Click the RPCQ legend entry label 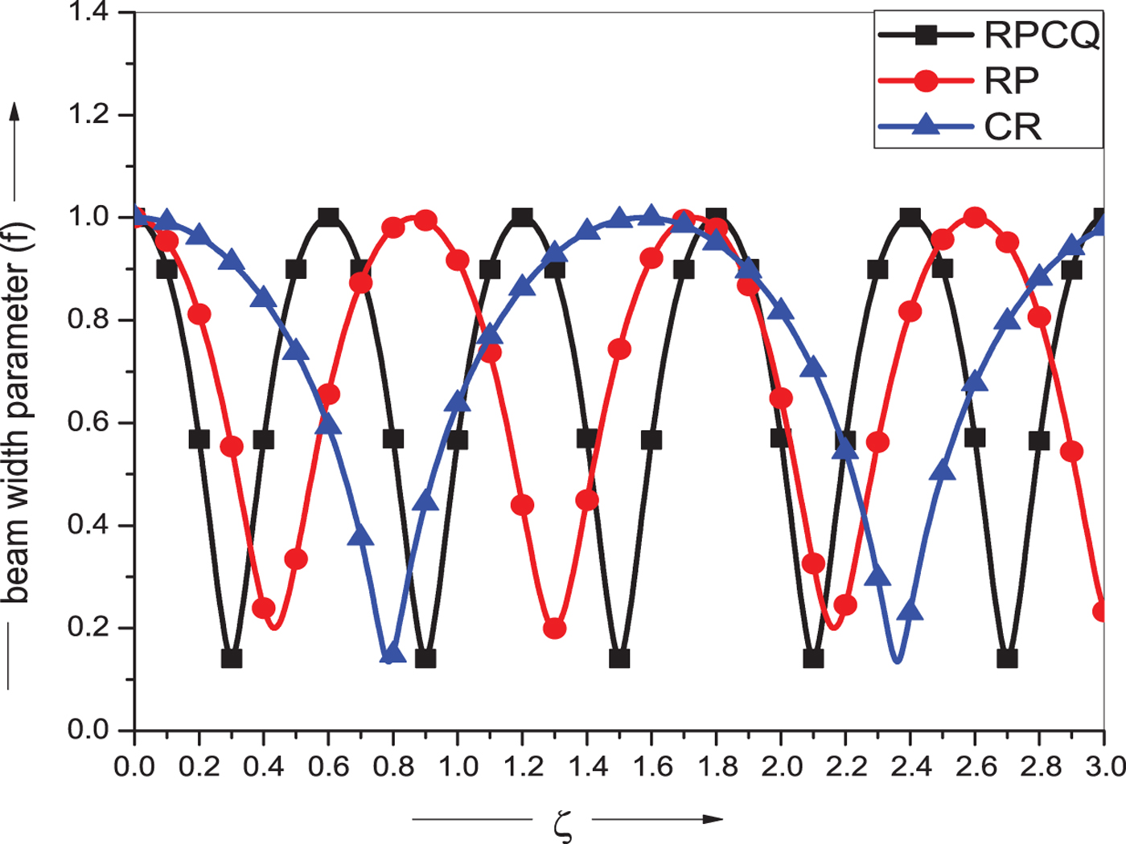(1042, 35)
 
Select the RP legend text (1012, 80)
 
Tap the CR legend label (1013, 126)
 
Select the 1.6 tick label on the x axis (651, 766)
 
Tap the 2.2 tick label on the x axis (845, 766)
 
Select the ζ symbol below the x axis (563, 824)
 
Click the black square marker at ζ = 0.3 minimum (232, 658)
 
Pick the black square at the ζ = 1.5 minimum (619, 658)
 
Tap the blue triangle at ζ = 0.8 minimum (392, 653)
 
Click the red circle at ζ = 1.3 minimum (554, 629)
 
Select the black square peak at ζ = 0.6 (328, 217)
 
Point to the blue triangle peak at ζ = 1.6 (651, 215)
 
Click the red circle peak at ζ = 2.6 (975, 218)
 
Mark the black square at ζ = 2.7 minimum (1007, 658)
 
